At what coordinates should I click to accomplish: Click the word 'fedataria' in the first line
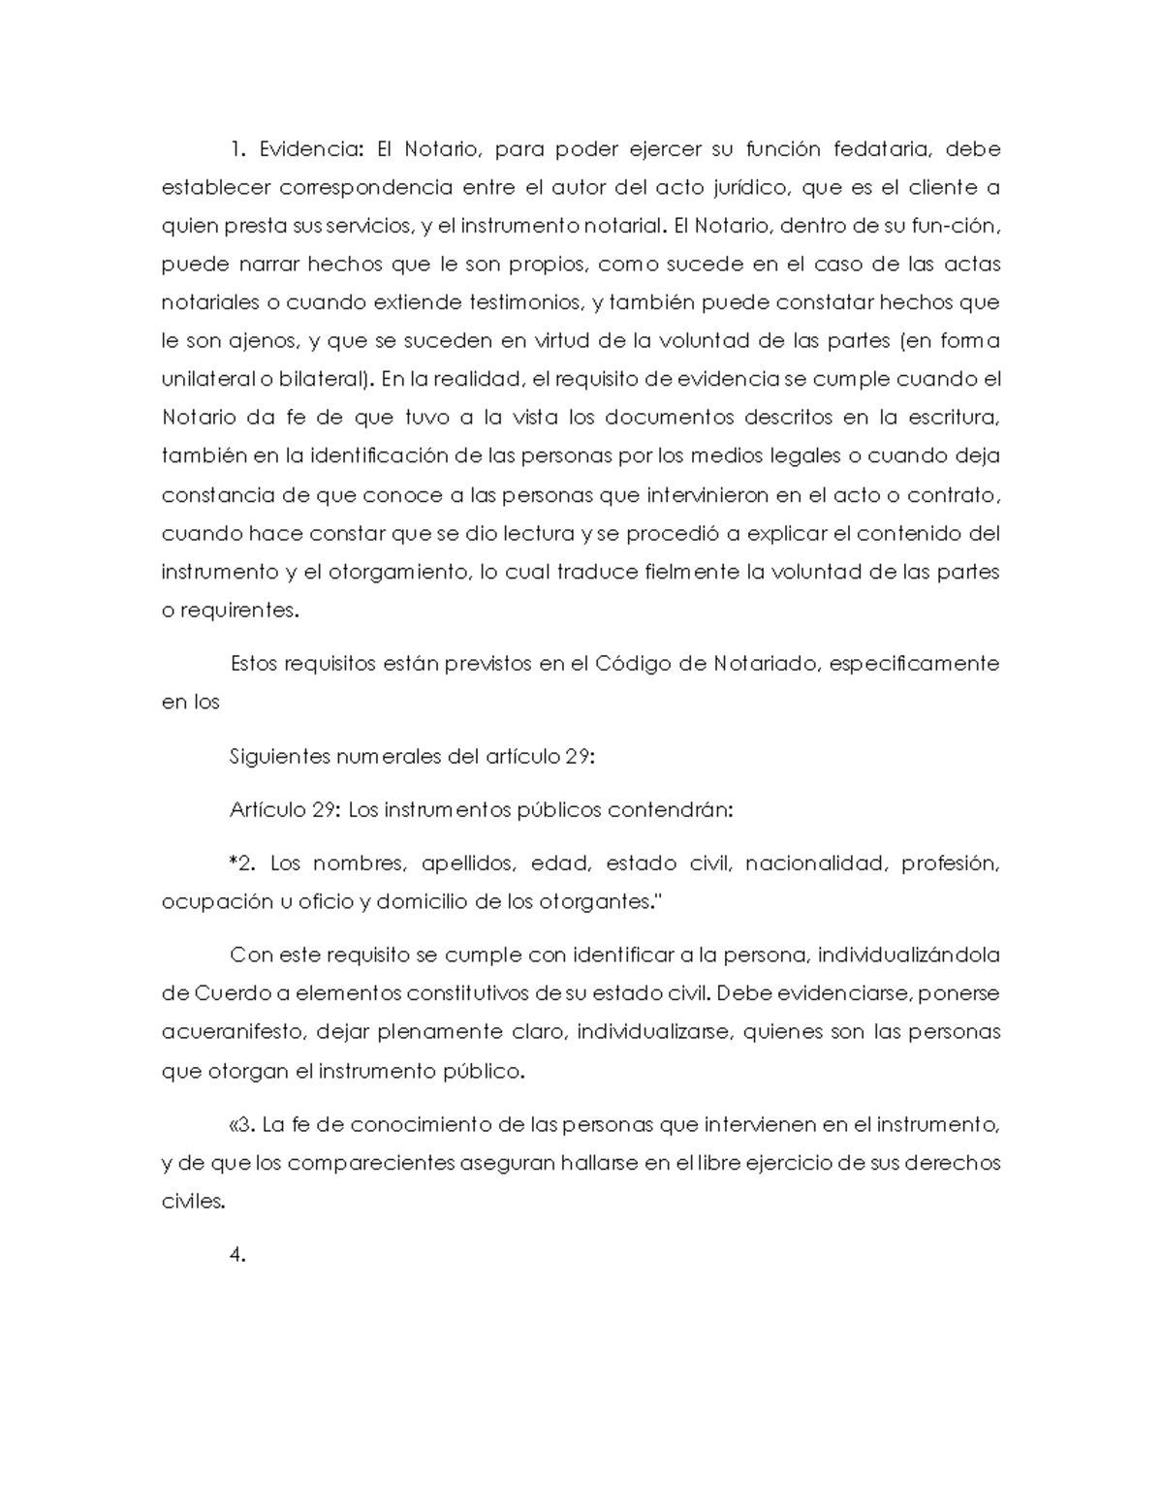(x=881, y=149)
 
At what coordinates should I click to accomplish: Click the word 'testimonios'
(x=526, y=302)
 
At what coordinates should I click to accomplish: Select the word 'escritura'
(x=954, y=418)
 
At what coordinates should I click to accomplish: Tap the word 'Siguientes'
(x=278, y=757)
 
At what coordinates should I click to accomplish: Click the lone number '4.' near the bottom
(x=237, y=1256)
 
